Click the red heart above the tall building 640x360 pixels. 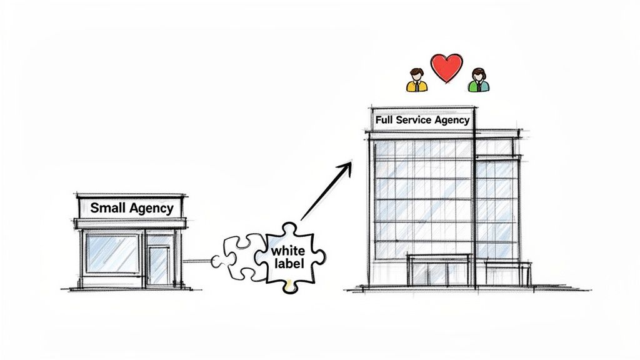[x=447, y=67]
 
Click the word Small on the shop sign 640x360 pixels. [x=108, y=207]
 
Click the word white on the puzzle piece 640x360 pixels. [x=288, y=251]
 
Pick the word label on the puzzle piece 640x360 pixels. [x=289, y=264]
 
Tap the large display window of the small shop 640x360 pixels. [x=112, y=254]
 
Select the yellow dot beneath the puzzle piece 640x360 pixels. [x=289, y=288]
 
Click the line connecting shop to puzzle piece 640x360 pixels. [x=198, y=261]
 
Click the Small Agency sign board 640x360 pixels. [x=131, y=207]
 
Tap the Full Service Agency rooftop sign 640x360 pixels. [x=422, y=119]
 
